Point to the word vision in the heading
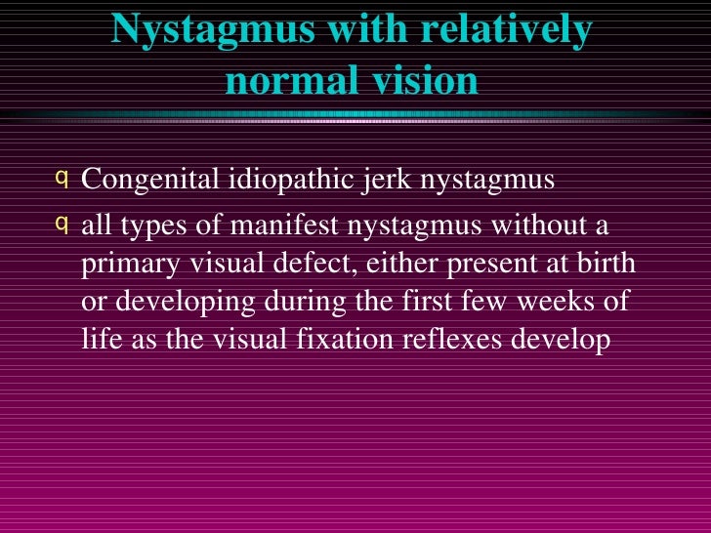[422, 83]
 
